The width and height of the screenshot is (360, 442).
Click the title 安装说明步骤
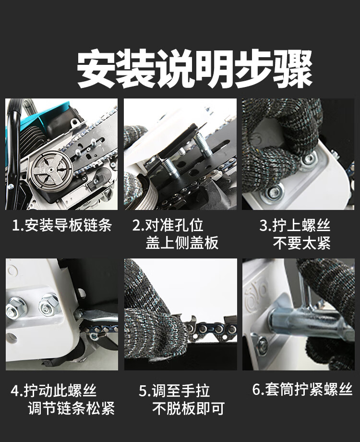pos(195,69)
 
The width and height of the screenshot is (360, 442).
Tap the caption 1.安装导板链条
pos(62,225)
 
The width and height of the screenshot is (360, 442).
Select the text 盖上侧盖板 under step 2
pos(182,243)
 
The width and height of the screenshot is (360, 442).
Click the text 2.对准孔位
pos(168,225)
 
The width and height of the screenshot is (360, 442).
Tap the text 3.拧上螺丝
pos(295,225)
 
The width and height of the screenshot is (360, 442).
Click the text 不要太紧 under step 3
pos(302,243)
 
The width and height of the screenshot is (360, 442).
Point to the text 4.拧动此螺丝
pos(54,391)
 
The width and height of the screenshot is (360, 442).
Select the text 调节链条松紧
pos(71,408)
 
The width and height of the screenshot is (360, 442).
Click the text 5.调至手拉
pos(174,391)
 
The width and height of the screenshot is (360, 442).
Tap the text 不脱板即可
pos(188,408)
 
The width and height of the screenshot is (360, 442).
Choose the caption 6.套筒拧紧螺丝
pos(302,389)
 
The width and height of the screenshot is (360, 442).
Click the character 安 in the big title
pos(96,69)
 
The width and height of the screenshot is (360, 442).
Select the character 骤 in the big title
pos(293,69)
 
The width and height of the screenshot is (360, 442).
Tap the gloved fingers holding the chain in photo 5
pos(152,330)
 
